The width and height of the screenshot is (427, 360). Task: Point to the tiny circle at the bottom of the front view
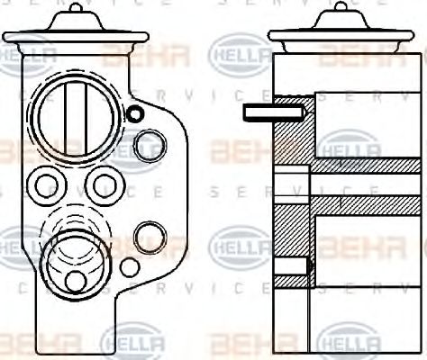point(130,267)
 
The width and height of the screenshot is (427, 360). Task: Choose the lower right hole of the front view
point(148,237)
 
